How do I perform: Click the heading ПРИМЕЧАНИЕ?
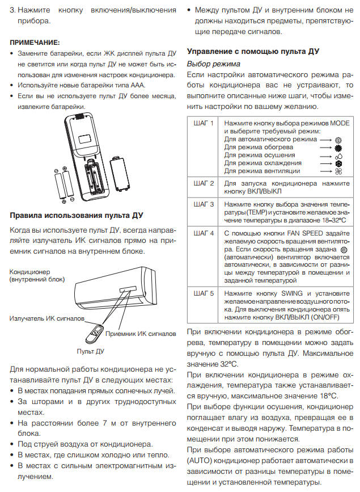pos(35,42)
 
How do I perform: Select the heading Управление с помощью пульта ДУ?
pos(253,51)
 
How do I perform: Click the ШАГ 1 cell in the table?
pos(204,123)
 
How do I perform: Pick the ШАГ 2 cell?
pos(204,184)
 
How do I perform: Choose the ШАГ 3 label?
pos(204,204)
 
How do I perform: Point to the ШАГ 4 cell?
pos(204,233)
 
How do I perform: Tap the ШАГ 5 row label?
pos(204,293)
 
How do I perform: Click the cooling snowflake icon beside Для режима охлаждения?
pos(339,163)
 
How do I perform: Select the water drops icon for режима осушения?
pos(339,155)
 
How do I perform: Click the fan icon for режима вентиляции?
pos(339,171)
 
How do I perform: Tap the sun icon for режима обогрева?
pos(339,147)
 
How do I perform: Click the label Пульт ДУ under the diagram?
pos(90,351)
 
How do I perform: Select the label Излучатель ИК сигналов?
pos(47,318)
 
